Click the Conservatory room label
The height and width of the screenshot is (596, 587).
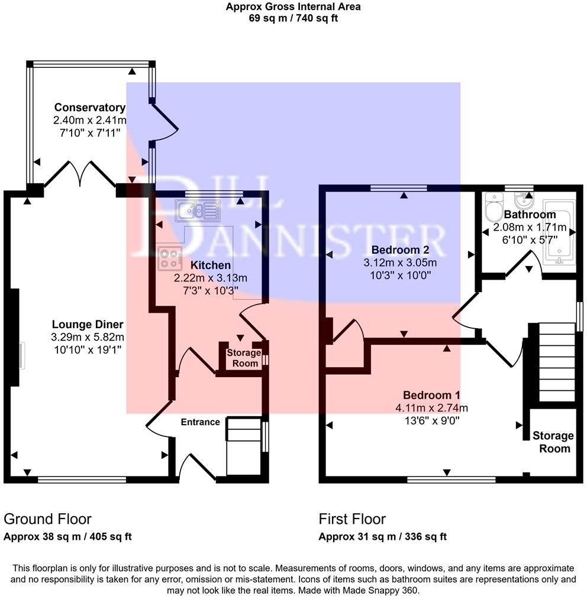point(89,108)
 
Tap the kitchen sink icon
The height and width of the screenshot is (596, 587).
point(197,209)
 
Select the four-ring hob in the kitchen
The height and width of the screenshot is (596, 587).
point(169,257)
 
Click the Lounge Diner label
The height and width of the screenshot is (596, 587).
point(88,324)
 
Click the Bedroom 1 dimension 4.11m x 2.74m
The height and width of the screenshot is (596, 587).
point(432,408)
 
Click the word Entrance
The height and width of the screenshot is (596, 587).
point(200,422)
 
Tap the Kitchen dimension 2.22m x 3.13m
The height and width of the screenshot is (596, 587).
point(211,278)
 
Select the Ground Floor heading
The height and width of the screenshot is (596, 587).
point(47,519)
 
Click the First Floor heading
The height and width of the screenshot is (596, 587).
point(352,519)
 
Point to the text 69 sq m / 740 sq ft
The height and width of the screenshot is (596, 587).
point(293,18)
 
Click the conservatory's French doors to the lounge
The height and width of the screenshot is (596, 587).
point(79,174)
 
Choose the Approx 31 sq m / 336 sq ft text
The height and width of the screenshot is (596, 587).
point(382,537)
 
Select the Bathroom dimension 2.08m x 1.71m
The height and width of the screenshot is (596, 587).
point(525,226)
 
